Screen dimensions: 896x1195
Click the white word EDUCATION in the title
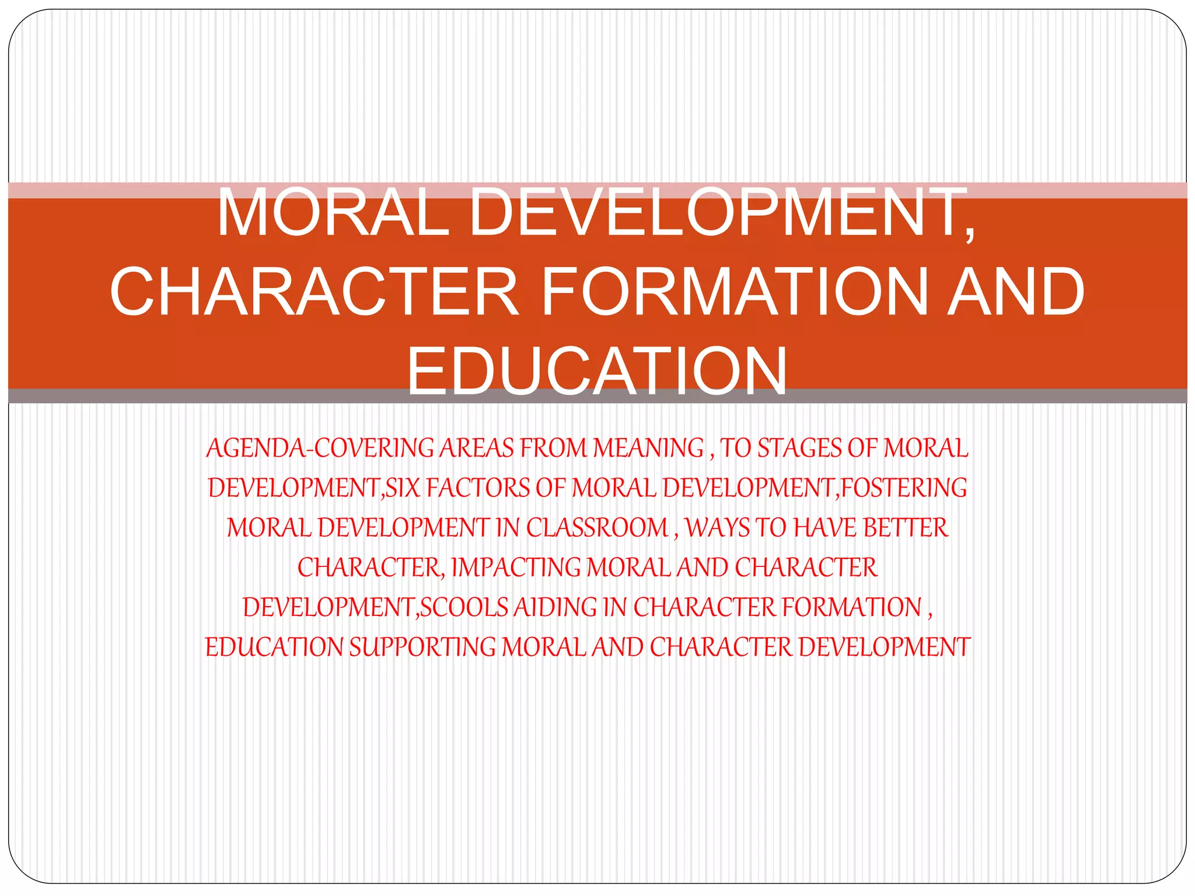(596, 371)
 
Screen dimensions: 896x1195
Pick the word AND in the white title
(1015, 291)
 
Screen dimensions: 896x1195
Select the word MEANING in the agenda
(648, 449)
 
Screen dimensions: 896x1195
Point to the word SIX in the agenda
(403, 488)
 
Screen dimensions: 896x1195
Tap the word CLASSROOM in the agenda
(597, 528)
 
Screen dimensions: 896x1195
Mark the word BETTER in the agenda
(906, 528)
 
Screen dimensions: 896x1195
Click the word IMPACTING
(516, 568)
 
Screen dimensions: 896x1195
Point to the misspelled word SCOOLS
(464, 607)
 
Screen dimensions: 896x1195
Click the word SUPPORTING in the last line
(422, 647)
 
